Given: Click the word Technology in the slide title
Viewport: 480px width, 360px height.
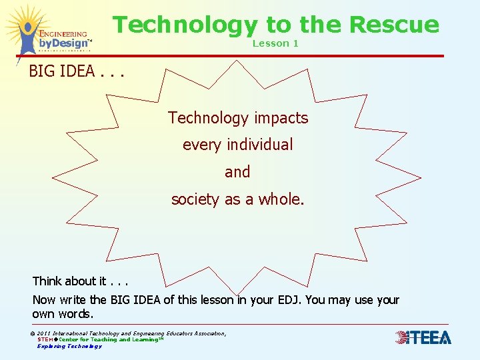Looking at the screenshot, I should click(x=184, y=25).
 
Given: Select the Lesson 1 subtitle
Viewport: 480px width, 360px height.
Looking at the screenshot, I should click(x=275, y=43).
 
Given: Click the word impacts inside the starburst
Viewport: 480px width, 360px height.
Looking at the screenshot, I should click(x=278, y=118).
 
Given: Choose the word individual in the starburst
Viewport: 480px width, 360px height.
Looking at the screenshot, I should click(x=260, y=145).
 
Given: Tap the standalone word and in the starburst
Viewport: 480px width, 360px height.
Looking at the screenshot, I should click(x=237, y=172).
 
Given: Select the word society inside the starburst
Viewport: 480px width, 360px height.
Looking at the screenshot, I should click(x=195, y=199).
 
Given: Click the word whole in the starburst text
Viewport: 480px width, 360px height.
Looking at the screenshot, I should click(x=281, y=199).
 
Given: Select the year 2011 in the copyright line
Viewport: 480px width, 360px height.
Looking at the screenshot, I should click(x=46, y=333).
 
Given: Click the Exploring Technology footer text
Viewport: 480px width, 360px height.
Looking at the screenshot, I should click(x=69, y=346).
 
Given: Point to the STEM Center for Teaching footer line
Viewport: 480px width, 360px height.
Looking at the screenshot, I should click(x=100, y=339).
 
